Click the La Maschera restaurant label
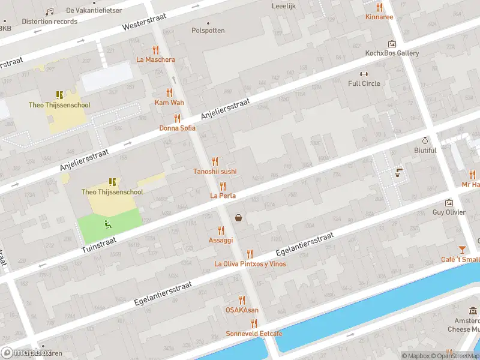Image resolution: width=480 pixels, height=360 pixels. click(156, 59)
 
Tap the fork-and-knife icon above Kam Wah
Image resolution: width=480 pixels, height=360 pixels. click(169, 93)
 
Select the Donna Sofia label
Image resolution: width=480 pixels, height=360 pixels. click(177, 128)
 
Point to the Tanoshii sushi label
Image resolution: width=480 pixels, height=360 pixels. click(215, 171)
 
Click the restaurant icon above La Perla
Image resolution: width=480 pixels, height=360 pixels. click(223, 186)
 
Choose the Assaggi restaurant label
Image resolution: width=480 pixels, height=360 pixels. click(220, 240)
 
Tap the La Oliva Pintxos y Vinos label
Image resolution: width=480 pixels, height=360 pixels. click(250, 263)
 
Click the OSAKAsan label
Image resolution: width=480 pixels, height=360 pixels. click(242, 310)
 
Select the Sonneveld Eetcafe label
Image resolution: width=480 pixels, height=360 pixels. click(254, 333)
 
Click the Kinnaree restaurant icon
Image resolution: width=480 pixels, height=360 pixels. click(379, 8)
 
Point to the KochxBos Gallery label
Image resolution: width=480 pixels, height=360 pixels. click(392, 53)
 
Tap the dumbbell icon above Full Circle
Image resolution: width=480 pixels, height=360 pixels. click(355, 74)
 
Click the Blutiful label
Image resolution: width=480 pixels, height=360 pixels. click(425, 150)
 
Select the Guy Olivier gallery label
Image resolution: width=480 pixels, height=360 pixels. click(449, 212)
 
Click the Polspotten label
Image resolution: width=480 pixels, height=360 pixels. click(208, 30)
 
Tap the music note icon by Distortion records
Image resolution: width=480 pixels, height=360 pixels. click(49, 11)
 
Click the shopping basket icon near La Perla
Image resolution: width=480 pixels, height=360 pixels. click(239, 218)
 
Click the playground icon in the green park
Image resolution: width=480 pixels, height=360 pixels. click(109, 224)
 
